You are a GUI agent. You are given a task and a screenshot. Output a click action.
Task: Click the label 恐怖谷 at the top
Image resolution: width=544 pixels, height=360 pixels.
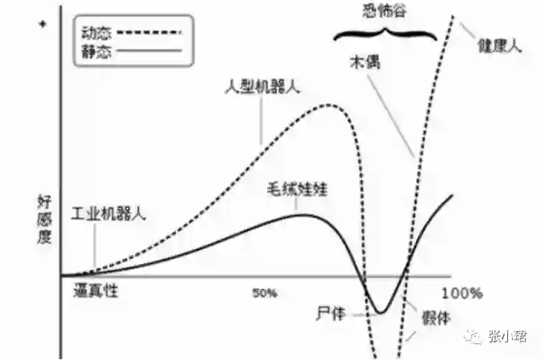[387, 9]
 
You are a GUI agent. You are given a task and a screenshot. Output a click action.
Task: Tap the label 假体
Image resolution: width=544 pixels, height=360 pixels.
[431, 316]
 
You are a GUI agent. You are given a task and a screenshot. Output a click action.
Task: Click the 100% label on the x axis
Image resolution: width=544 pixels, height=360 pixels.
[462, 293]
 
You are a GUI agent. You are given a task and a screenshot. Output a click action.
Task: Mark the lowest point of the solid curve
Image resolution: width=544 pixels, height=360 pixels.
[380, 313]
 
